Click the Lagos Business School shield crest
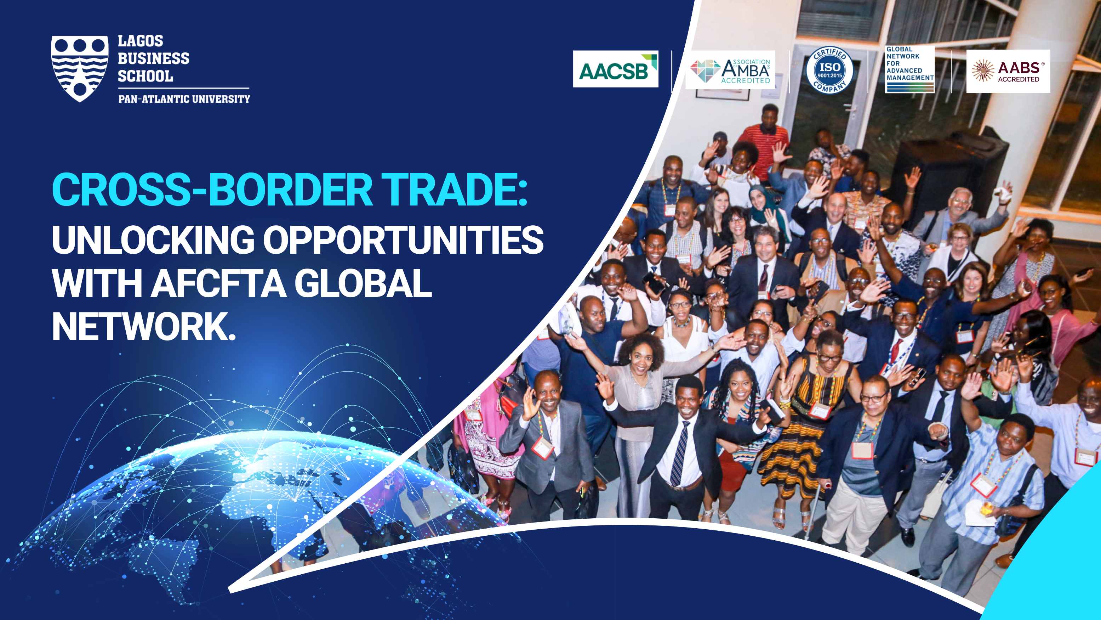coord(80,68)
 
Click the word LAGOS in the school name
coord(140,41)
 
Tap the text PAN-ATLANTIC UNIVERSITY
coord(184,99)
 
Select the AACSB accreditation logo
coord(616,69)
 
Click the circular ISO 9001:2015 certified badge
coord(829,70)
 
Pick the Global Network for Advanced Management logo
coord(909,69)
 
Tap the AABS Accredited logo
coord(1008,71)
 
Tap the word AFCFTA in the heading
coord(219,283)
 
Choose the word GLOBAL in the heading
coord(363,283)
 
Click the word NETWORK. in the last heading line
coord(144,326)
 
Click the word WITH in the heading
coord(97,283)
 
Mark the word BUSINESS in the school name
coord(153,58)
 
